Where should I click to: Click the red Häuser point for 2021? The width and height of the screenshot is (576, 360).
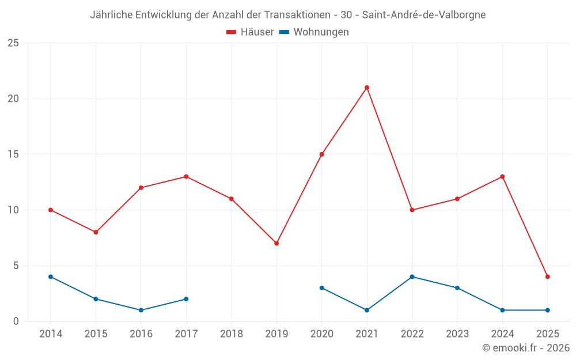[x=367, y=88]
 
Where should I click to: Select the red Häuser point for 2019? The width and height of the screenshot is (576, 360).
[x=276, y=243]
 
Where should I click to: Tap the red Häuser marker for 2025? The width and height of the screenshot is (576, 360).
[x=548, y=276]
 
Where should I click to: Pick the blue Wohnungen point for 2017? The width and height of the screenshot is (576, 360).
[x=186, y=299]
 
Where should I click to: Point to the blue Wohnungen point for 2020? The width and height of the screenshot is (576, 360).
[x=321, y=288]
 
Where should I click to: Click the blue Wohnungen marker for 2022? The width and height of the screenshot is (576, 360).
[x=412, y=276]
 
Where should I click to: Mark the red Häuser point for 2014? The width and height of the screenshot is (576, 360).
[x=51, y=210]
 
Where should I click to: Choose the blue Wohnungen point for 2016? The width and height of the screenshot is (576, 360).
[x=141, y=310]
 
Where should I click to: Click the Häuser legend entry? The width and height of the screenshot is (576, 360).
[x=250, y=32]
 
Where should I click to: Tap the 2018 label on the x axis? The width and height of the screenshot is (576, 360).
[x=231, y=334]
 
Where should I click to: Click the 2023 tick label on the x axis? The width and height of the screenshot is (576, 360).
[x=457, y=334]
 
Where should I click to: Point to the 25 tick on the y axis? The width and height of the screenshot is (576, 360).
[x=13, y=43]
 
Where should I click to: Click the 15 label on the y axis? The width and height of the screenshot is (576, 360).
[x=13, y=154]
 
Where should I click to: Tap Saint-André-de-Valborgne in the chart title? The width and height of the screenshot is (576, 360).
[x=423, y=15]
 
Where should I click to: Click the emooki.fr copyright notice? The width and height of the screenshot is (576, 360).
[x=525, y=348]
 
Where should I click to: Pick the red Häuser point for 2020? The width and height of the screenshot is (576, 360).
[x=321, y=154]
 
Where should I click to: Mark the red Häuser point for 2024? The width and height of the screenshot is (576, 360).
[x=502, y=177]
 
